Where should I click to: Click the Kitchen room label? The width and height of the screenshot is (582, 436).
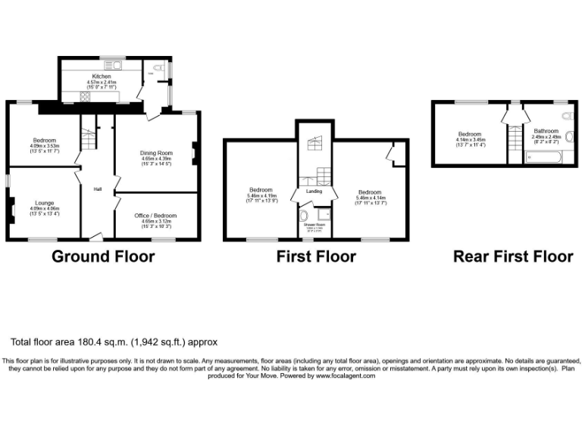(102, 76)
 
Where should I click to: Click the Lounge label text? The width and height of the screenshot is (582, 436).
(43, 203)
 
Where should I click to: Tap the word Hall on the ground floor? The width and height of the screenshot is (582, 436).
(98, 189)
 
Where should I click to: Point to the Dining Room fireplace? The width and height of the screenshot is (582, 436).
(193, 154)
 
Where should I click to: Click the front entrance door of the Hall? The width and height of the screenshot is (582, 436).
(95, 236)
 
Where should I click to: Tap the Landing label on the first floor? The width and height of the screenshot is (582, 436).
(314, 191)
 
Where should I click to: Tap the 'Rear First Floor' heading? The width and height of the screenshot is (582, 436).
(512, 257)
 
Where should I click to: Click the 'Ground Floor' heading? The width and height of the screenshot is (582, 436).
(103, 257)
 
